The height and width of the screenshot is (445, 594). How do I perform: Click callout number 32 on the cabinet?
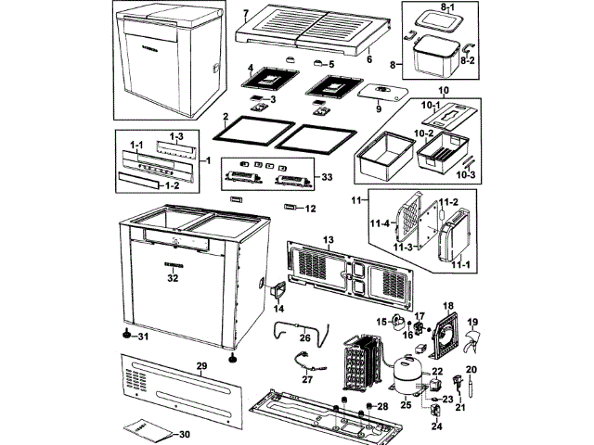[x=172, y=277]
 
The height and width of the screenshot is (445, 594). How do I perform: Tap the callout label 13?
[x=328, y=240]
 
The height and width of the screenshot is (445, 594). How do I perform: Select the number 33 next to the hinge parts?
[x=326, y=176]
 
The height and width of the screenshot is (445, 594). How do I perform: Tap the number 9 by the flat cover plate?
[x=379, y=108]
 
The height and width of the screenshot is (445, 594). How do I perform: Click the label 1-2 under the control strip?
[x=170, y=184]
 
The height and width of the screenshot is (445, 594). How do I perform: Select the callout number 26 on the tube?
[x=303, y=337]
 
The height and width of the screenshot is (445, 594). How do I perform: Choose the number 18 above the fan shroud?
[x=448, y=305]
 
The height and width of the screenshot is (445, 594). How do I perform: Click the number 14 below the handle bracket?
[x=279, y=308]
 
